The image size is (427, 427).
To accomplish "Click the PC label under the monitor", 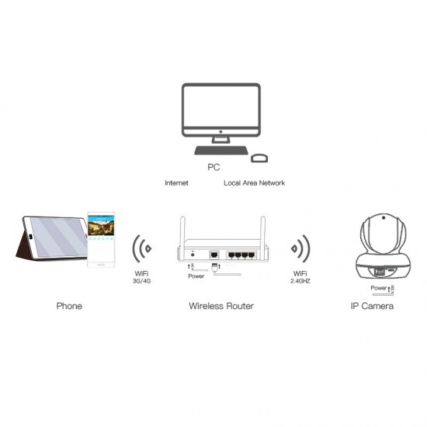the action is [213, 167].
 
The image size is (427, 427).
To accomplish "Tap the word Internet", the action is [176, 183].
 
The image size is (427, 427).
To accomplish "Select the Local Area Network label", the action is [255, 183].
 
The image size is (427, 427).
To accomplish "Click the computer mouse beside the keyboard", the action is [259, 158].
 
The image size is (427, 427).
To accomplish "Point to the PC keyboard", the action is [221, 151].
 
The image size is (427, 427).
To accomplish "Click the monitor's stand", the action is [220, 140].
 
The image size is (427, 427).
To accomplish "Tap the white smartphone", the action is [101, 240].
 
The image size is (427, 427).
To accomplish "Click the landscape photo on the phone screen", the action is [101, 227].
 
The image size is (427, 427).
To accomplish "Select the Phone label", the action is [69, 306].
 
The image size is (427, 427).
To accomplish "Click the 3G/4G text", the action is [141, 281].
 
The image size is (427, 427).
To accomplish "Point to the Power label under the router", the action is [196, 276].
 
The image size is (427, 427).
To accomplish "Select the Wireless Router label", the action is [221, 306].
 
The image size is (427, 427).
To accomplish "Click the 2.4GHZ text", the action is [300, 281].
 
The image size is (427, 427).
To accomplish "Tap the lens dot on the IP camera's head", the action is [384, 217].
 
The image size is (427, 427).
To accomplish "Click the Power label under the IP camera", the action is [379, 288].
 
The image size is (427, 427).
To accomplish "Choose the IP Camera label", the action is [372, 306].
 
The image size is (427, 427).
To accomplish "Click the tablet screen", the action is [57, 237].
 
